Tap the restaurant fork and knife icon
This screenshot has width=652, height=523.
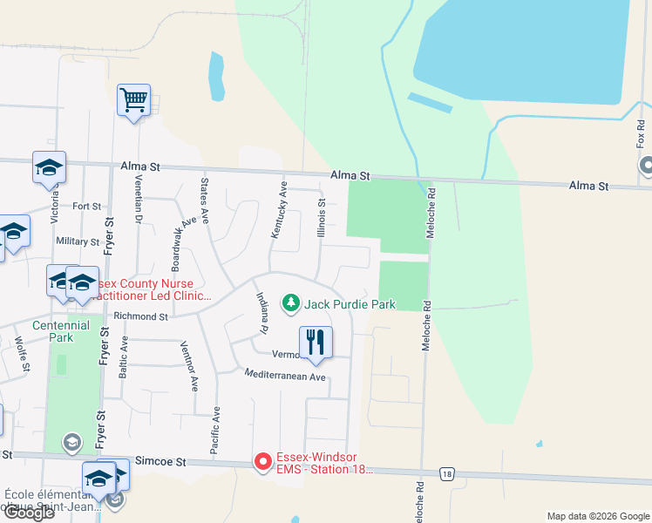pyautogui.click(x=315, y=342)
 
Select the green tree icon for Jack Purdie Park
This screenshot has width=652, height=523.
pyautogui.click(x=289, y=303)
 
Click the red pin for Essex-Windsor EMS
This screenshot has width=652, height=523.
pyautogui.click(x=263, y=461)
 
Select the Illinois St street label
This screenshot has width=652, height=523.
pyautogui.click(x=321, y=218)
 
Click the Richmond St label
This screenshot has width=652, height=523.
pyautogui.click(x=139, y=317)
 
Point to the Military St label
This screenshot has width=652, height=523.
pyautogui.click(x=78, y=241)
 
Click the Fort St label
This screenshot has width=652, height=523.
pyautogui.click(x=86, y=207)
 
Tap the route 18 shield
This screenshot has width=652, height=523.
pyautogui.click(x=447, y=474)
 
